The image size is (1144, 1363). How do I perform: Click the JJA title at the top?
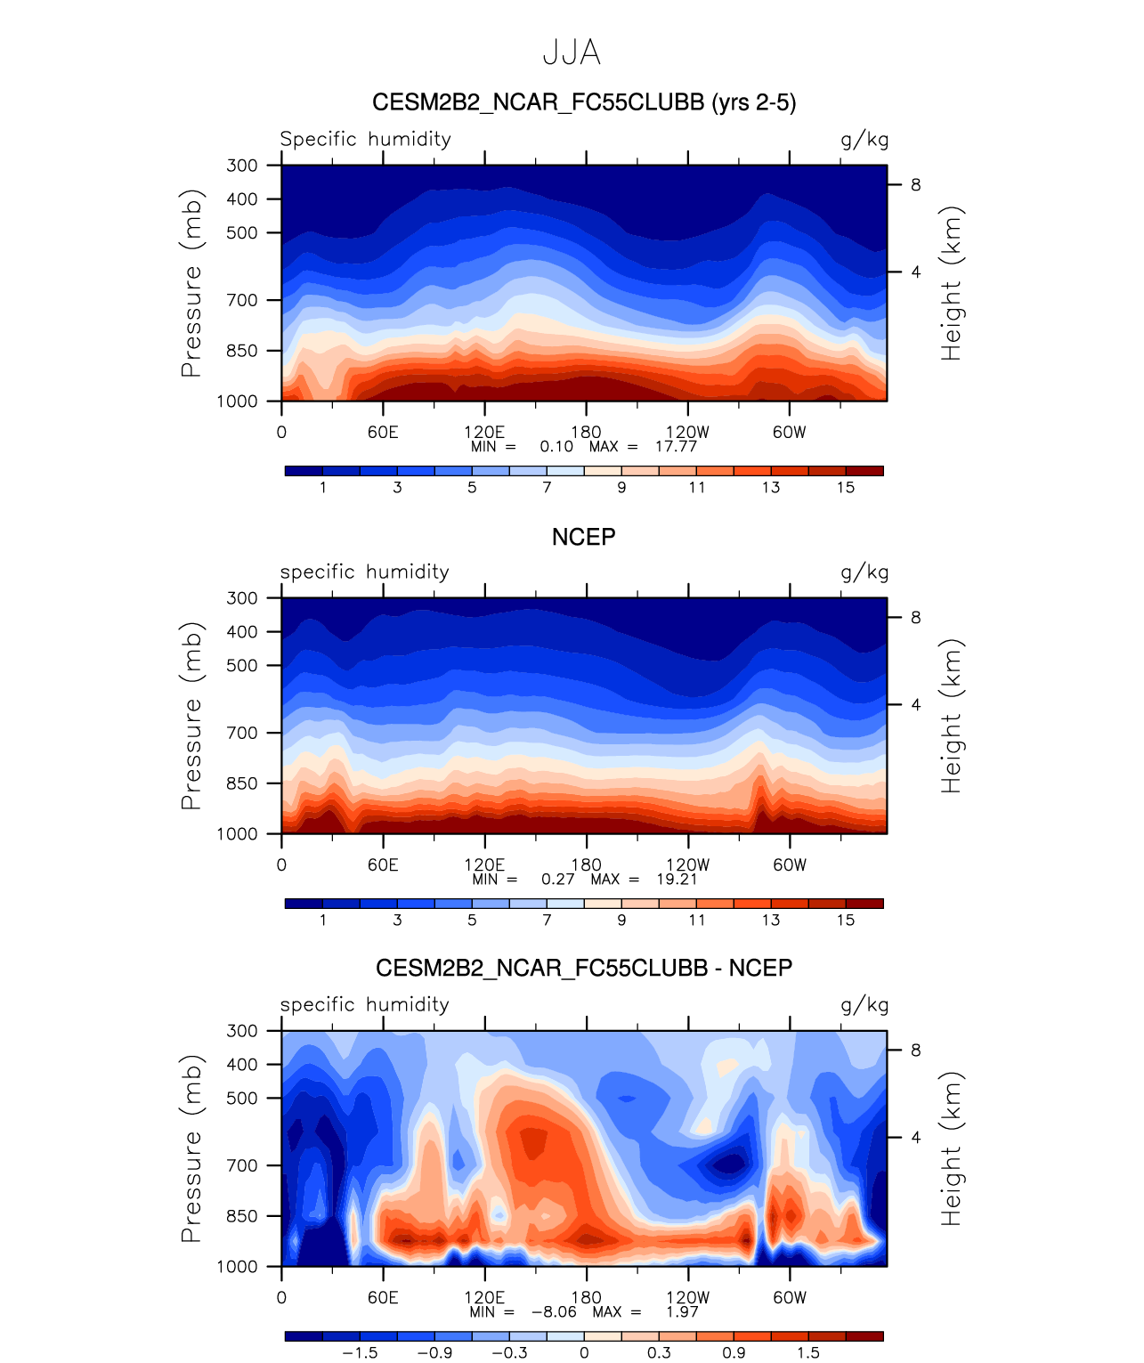point(572,53)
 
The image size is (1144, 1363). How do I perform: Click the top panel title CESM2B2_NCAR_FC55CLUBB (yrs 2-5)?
point(584,102)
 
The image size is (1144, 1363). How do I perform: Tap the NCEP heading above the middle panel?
point(584,537)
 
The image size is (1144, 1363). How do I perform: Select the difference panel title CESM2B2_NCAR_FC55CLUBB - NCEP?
point(584,968)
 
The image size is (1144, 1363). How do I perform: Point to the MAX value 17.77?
point(677,447)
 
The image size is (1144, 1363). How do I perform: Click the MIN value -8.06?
point(554,1312)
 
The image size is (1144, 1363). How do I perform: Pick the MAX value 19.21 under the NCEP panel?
point(677,880)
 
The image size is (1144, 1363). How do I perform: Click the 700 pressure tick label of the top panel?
point(241,300)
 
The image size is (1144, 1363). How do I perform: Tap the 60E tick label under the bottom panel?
point(383,1297)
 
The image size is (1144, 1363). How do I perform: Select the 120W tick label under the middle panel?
point(688,864)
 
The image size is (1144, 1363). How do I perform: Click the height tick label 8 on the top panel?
point(915,185)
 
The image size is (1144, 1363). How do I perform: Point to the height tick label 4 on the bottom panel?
point(915,1138)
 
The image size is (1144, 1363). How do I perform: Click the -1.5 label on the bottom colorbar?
point(360,1353)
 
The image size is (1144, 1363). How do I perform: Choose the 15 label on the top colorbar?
point(846,488)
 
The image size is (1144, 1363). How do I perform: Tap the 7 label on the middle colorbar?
point(547,921)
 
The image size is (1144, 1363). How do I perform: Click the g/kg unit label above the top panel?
point(864,140)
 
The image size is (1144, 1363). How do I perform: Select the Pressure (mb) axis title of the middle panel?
point(191,716)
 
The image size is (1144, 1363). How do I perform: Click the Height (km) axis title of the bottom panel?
point(952,1148)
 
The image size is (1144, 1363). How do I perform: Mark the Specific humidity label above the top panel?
point(365,139)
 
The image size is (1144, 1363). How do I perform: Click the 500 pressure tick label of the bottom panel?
point(241,1098)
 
